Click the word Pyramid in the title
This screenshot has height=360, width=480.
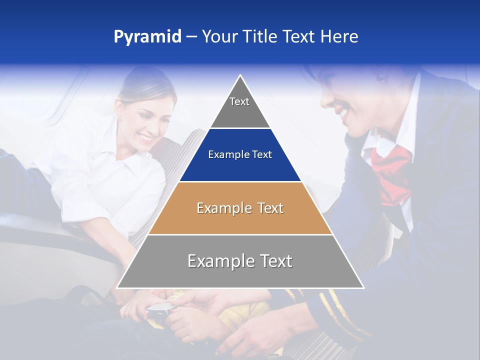(x=147, y=37)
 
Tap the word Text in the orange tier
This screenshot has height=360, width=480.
(x=270, y=208)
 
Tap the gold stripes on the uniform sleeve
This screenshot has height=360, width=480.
(x=332, y=310)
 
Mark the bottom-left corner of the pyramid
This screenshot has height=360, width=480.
(x=117, y=287)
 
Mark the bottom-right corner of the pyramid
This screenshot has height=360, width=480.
(x=363, y=287)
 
